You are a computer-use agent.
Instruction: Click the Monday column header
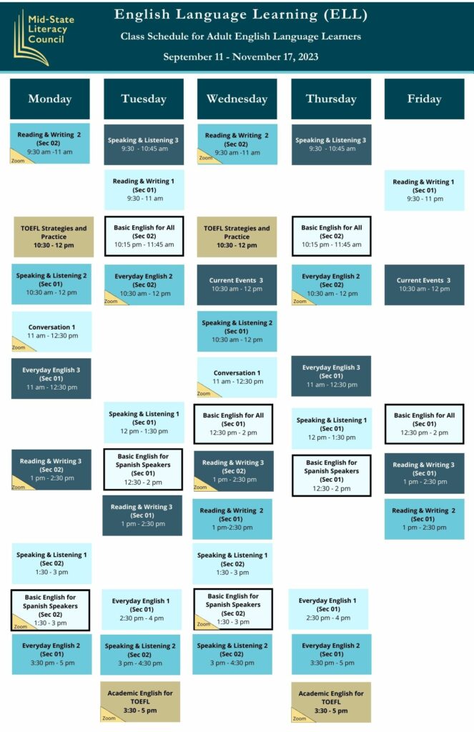(49, 99)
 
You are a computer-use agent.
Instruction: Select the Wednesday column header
(237, 99)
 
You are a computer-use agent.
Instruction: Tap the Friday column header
(424, 99)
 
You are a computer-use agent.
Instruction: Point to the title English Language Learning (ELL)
(241, 14)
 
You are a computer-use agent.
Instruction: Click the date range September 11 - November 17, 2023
(241, 57)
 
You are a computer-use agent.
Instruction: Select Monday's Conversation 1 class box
(51, 332)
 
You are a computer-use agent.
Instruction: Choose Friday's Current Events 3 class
(424, 285)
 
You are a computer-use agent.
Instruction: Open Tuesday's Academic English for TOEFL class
(140, 702)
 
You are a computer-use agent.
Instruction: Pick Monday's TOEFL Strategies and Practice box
(54, 237)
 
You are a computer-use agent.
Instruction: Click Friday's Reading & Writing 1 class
(424, 190)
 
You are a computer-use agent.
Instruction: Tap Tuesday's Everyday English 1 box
(141, 609)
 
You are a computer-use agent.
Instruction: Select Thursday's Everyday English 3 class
(331, 376)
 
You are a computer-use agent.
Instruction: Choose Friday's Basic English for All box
(424, 424)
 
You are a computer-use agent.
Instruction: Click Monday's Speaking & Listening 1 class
(51, 563)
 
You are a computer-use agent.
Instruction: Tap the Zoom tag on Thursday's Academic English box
(300, 718)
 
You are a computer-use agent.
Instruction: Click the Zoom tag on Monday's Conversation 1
(19, 347)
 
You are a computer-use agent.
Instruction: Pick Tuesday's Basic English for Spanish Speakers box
(143, 469)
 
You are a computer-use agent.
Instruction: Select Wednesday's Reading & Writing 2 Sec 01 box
(232, 519)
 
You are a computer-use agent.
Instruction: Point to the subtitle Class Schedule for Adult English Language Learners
(241, 36)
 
